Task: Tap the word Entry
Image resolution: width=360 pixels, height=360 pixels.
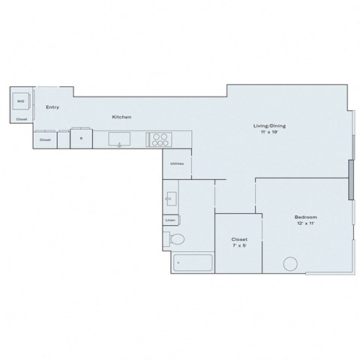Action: tap(52, 107)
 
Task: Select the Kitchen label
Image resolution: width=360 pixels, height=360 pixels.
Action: tap(122, 118)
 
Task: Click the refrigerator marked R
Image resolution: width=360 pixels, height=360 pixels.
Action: tap(81, 139)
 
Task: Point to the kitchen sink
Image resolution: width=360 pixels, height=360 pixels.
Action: tap(120, 139)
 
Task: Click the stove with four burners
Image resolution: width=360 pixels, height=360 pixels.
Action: tap(160, 139)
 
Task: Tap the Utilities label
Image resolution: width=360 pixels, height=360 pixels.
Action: tap(177, 163)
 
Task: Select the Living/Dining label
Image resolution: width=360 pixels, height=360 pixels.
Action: tap(268, 126)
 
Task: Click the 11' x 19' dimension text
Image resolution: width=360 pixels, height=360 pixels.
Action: tap(268, 132)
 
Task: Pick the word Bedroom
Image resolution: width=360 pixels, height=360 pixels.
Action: tap(306, 217)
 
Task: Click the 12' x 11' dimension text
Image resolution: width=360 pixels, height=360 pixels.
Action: tap(306, 223)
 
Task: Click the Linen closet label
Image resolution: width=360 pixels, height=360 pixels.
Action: tap(171, 220)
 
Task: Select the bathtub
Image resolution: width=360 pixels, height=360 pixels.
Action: tap(192, 263)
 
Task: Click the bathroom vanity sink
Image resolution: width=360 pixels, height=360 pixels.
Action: tap(171, 199)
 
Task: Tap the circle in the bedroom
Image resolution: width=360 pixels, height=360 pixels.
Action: tap(289, 265)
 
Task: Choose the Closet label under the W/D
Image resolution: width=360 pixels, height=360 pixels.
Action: tap(22, 119)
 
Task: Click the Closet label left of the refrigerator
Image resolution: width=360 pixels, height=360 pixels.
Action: tap(45, 139)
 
